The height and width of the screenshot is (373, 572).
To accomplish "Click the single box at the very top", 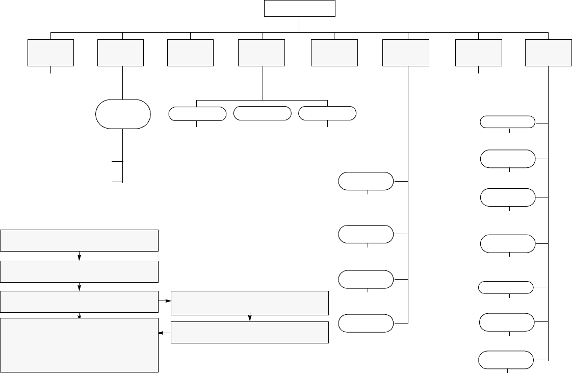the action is pos(300,8).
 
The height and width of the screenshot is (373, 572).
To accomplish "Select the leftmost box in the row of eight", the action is pos(51,53).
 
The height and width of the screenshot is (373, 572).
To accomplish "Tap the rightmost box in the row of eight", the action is pos(548,53).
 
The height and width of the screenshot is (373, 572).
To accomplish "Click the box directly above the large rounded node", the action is pos(120,53).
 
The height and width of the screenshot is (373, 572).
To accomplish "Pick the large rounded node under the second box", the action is pos(123,114).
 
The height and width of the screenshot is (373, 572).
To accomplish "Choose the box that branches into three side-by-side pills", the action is pos(262,53).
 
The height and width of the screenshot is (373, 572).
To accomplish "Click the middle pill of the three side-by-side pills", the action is pos(262,114).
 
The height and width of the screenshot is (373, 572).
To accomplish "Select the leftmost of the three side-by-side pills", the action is pos(197,114).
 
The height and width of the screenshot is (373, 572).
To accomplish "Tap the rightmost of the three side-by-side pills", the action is pos(327,114).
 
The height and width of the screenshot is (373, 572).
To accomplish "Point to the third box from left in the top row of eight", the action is pos(191,53).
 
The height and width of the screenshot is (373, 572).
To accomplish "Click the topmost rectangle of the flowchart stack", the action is pos(80,240).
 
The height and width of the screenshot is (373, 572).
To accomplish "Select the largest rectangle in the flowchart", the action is pos(80,345).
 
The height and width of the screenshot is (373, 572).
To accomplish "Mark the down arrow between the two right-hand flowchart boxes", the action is pos(250,318).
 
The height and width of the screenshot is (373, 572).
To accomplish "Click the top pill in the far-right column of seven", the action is pos(508,122).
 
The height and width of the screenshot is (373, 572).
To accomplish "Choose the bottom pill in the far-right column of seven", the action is pos(506,360).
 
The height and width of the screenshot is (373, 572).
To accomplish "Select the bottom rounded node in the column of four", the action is pos(366,324).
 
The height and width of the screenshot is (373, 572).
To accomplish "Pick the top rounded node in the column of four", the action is pos(366,181).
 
